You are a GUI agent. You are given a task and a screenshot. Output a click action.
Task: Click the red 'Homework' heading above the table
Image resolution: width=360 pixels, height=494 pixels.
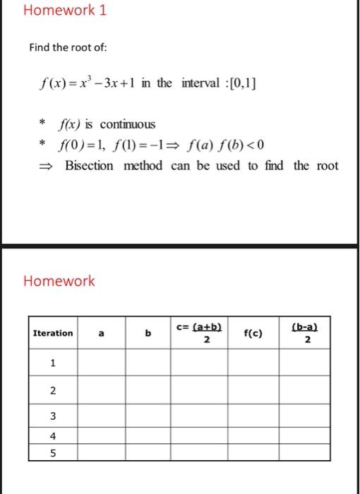59,281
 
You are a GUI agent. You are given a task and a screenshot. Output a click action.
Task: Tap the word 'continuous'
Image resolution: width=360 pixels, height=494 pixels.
127,124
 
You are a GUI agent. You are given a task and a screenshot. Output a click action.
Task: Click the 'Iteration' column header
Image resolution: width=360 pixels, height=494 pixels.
53,333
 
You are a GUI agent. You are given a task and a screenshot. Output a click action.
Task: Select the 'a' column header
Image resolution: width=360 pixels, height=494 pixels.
102,333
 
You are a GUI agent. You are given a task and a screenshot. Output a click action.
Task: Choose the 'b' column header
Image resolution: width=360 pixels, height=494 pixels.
148,333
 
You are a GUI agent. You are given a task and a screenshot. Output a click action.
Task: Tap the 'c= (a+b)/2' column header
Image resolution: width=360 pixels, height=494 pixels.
199,333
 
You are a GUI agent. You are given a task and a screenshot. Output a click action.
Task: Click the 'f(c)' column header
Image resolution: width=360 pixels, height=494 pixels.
253,333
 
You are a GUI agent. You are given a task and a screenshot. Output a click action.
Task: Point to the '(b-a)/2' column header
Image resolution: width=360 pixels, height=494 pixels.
304,333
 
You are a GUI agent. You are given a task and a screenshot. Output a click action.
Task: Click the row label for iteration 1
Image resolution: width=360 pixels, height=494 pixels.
53,363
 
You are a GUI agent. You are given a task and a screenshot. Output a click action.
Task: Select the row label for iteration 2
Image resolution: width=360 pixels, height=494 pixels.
53,392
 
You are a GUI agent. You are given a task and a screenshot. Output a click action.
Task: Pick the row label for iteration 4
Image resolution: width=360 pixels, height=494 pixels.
53,435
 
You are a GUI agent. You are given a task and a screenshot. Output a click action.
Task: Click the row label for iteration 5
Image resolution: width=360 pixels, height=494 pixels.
53,452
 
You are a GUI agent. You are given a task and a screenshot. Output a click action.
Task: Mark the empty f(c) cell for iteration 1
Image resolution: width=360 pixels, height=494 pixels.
253,363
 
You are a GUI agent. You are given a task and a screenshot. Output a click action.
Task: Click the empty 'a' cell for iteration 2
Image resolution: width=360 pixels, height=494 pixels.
102,392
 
